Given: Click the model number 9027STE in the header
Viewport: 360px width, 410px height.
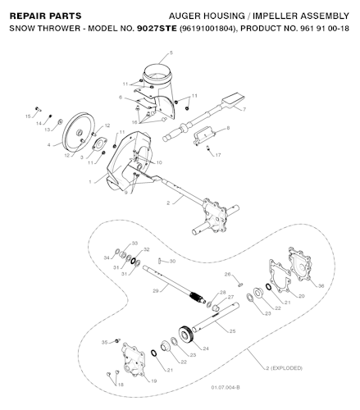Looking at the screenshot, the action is click(x=157, y=29).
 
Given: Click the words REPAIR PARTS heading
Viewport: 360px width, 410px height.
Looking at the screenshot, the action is click(x=46, y=16).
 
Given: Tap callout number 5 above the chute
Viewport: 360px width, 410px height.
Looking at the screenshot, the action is click(x=171, y=52).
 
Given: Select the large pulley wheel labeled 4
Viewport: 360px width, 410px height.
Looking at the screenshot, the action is click(x=79, y=132).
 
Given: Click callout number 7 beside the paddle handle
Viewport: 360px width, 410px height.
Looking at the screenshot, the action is click(x=244, y=109).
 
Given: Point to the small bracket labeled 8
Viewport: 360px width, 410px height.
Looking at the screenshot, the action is click(x=204, y=136).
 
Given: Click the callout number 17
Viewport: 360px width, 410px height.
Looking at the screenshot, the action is click(x=218, y=155).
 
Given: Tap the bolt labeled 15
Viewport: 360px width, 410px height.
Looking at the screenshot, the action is click(x=38, y=109).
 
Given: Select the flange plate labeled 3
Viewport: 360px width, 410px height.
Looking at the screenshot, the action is click(x=99, y=144).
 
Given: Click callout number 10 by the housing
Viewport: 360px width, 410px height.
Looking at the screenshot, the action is click(x=159, y=162).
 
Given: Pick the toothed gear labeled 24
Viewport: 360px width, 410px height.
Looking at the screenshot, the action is click(x=187, y=334).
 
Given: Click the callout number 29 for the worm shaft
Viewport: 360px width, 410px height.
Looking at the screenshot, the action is click(x=156, y=290).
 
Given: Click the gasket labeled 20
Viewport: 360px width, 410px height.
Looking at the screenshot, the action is click(x=280, y=276).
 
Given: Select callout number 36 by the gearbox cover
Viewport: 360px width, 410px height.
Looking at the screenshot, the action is click(x=321, y=285).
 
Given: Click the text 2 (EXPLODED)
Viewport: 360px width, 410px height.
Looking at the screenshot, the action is click(x=285, y=368).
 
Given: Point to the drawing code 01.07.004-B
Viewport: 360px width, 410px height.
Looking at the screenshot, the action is click(x=226, y=387).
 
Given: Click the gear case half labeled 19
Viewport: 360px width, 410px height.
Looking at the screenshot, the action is click(x=134, y=360).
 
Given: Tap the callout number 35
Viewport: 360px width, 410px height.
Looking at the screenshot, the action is click(x=104, y=342).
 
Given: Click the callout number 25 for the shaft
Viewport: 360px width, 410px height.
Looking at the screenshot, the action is click(x=232, y=331).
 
